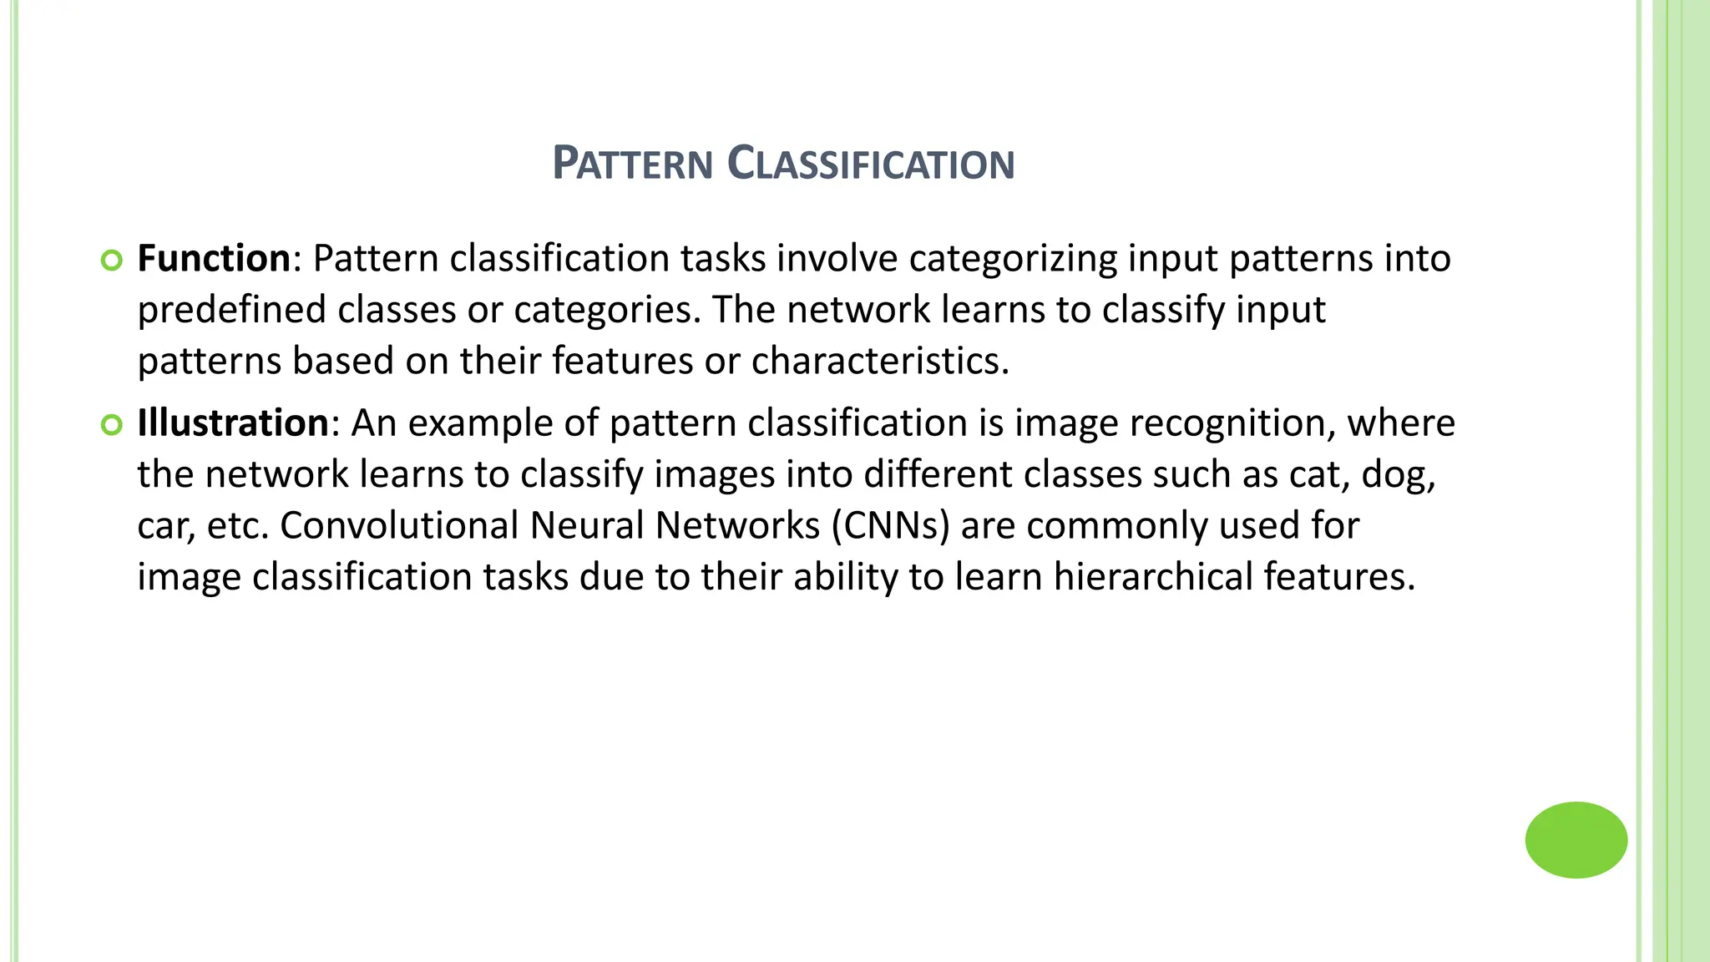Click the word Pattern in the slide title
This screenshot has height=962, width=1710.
[x=632, y=164]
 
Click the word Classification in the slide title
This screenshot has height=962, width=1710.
[x=871, y=164]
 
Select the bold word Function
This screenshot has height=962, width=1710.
[x=214, y=259]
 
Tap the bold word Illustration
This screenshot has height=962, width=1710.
[x=233, y=423]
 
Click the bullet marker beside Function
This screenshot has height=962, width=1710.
[x=111, y=261]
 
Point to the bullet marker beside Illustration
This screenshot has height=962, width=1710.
[x=111, y=425]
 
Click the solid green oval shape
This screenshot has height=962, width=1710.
[x=1576, y=840]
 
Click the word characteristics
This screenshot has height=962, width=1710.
[x=879, y=362]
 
